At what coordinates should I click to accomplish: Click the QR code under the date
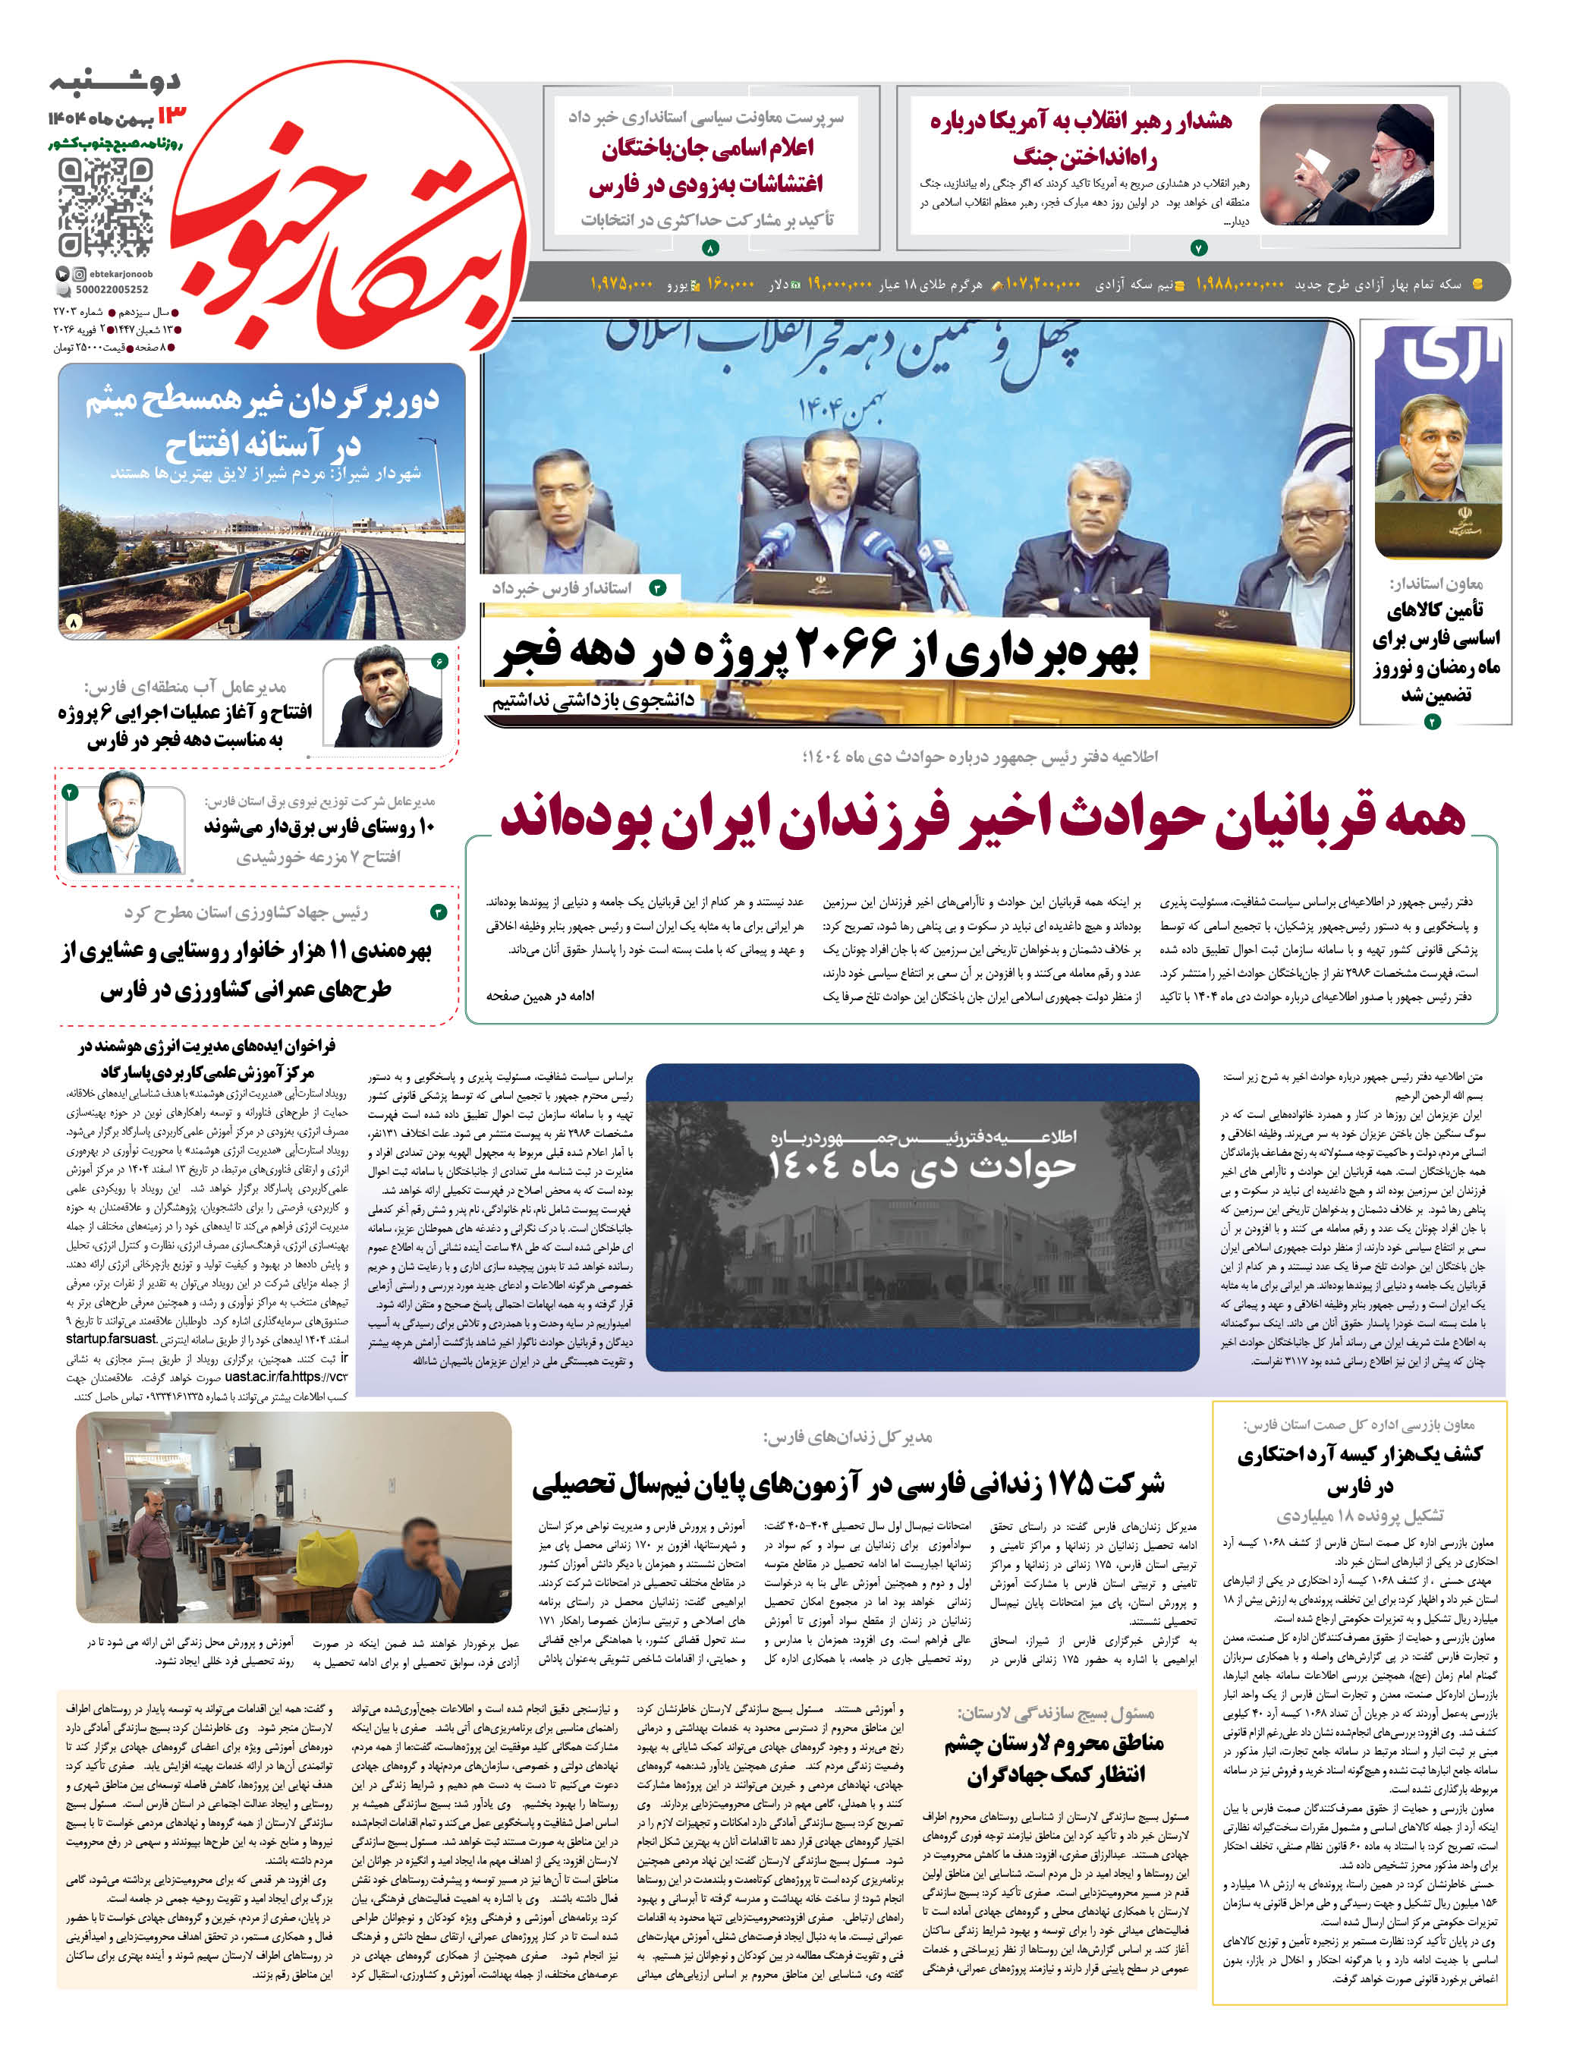pos(105,208)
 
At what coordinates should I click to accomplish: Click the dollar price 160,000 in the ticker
pos(730,284)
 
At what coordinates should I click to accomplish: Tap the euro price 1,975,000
pos(621,284)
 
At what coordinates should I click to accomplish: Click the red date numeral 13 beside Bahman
pos(172,116)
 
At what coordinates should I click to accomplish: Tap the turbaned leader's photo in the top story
pos(1346,165)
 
